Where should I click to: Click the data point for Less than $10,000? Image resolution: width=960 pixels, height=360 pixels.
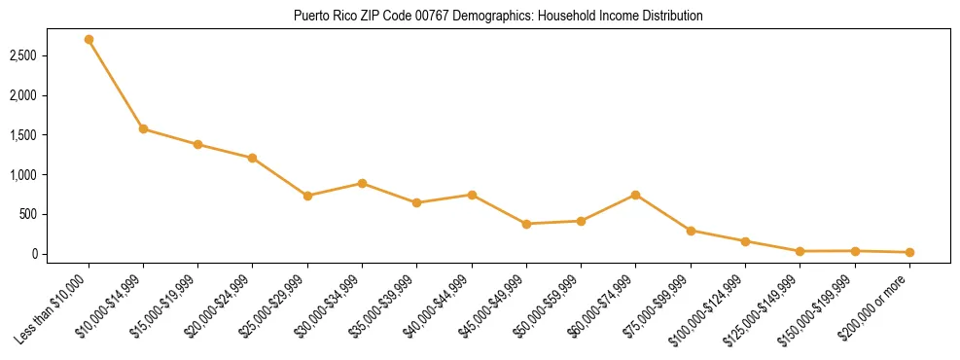pyautogui.click(x=89, y=40)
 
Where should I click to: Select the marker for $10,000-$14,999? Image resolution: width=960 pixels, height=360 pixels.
pyautogui.click(x=143, y=128)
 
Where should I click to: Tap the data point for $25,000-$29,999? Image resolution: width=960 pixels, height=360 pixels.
pyautogui.click(x=307, y=196)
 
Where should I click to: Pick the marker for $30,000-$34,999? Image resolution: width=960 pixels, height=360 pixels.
pyautogui.click(x=362, y=183)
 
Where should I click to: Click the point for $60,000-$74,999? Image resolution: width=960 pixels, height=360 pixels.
pyautogui.click(x=635, y=195)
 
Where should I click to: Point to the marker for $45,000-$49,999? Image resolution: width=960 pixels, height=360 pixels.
pyautogui.click(x=526, y=224)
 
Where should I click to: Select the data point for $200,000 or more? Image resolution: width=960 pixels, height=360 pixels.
pyautogui.click(x=909, y=252)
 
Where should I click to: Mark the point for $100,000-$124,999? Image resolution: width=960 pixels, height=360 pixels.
pyautogui.click(x=745, y=241)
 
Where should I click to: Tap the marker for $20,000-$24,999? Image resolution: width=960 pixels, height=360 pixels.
pyautogui.click(x=253, y=158)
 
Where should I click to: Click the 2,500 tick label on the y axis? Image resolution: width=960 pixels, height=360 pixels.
pyautogui.click(x=51, y=56)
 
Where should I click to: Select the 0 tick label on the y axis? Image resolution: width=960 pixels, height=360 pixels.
pyautogui.click(x=60, y=254)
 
